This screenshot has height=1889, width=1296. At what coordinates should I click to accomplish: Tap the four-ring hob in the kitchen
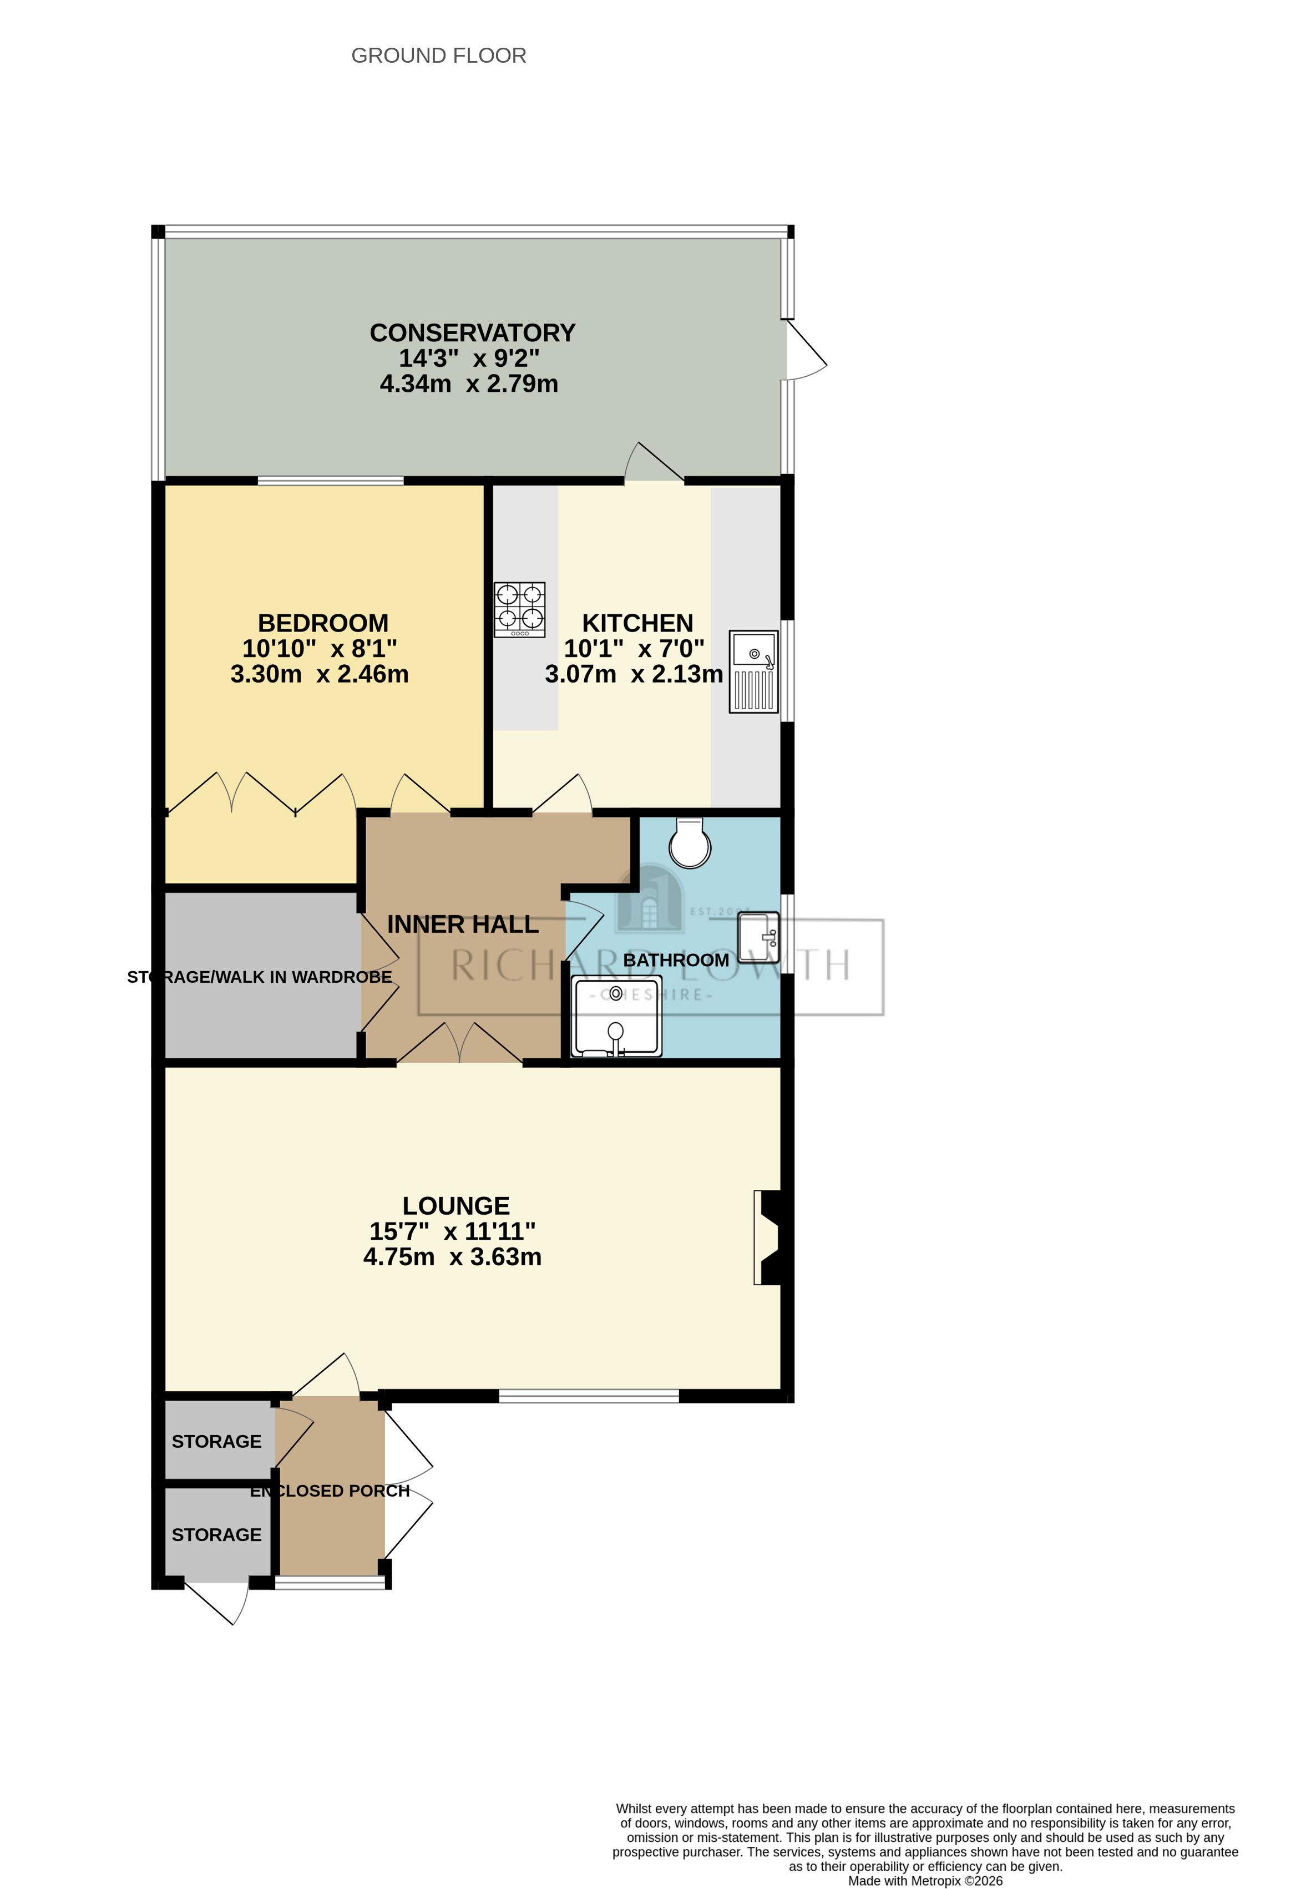pos(519,610)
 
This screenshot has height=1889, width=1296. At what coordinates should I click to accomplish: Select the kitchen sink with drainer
pos(753,671)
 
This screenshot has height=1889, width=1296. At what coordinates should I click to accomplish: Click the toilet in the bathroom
pos(690,844)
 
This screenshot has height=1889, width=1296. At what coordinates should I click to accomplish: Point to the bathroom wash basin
pos(758,936)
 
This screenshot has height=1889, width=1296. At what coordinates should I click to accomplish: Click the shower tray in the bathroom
pos(616,1017)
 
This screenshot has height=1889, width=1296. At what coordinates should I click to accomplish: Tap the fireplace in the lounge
pos(768,1237)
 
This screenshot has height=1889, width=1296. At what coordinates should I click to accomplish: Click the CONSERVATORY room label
pos(472,332)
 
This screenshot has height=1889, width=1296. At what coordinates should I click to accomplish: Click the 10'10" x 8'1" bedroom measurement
pos(320,648)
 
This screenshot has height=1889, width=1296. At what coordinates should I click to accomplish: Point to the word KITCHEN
pos(637,623)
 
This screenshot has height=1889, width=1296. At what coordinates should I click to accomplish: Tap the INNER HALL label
pos(462,924)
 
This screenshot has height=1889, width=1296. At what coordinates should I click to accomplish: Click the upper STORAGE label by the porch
pos(216,1441)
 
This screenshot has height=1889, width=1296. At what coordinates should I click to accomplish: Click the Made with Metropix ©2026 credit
pos(925,1881)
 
